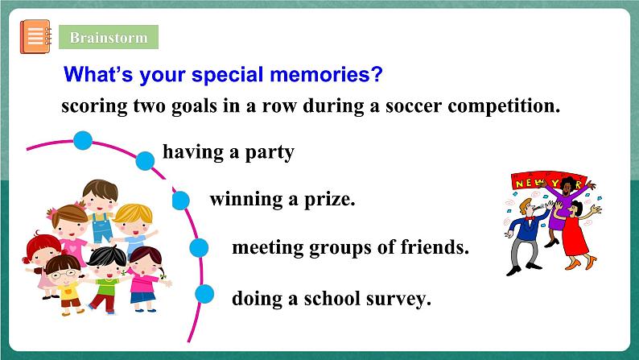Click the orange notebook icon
coord(36,37)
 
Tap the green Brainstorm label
coord(109,37)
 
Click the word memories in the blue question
coord(326,75)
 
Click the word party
coord(270,152)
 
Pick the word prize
coord(330,200)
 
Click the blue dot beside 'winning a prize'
coord(180,201)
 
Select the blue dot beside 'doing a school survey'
coord(204,294)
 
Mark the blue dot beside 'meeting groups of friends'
coord(199,248)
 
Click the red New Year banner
coord(548,180)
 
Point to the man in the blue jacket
coord(525,236)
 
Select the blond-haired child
coord(134,228)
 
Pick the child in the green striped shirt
coord(107,278)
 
